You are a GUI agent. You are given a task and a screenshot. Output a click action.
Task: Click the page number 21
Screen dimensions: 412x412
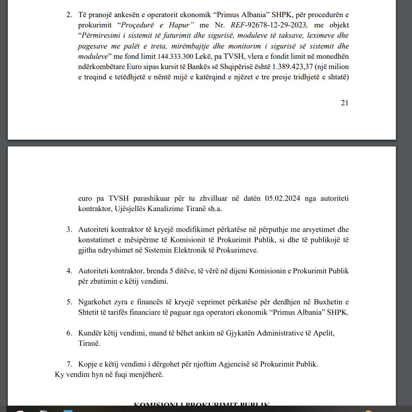click(x=344, y=102)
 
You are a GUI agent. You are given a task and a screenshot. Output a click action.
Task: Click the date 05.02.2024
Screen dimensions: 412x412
click(x=283, y=198)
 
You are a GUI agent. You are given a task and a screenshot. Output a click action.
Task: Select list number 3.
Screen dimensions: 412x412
click(x=69, y=229)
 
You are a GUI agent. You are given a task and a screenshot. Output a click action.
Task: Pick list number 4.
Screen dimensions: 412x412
click(x=69, y=271)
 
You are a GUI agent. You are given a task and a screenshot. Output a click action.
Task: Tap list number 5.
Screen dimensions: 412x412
click(x=69, y=302)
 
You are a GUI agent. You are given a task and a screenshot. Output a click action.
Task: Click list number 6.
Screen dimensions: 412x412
click(x=69, y=333)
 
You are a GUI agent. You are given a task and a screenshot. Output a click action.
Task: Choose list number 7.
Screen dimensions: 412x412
click(x=69, y=364)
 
